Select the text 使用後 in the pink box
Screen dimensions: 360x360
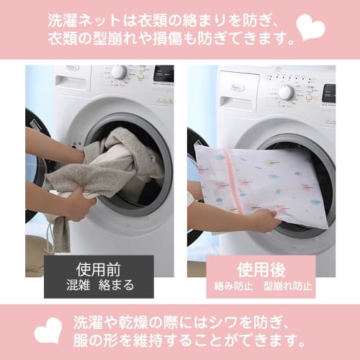(x=262, y=269)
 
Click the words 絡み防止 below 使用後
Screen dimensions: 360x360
(x=233, y=286)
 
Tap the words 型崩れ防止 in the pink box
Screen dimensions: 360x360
(x=287, y=286)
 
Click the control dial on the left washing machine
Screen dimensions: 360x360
(x=119, y=72)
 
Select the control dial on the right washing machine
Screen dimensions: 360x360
(x=286, y=91)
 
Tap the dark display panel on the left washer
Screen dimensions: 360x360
(x=163, y=73)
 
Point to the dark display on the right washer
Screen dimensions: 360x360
(x=328, y=92)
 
